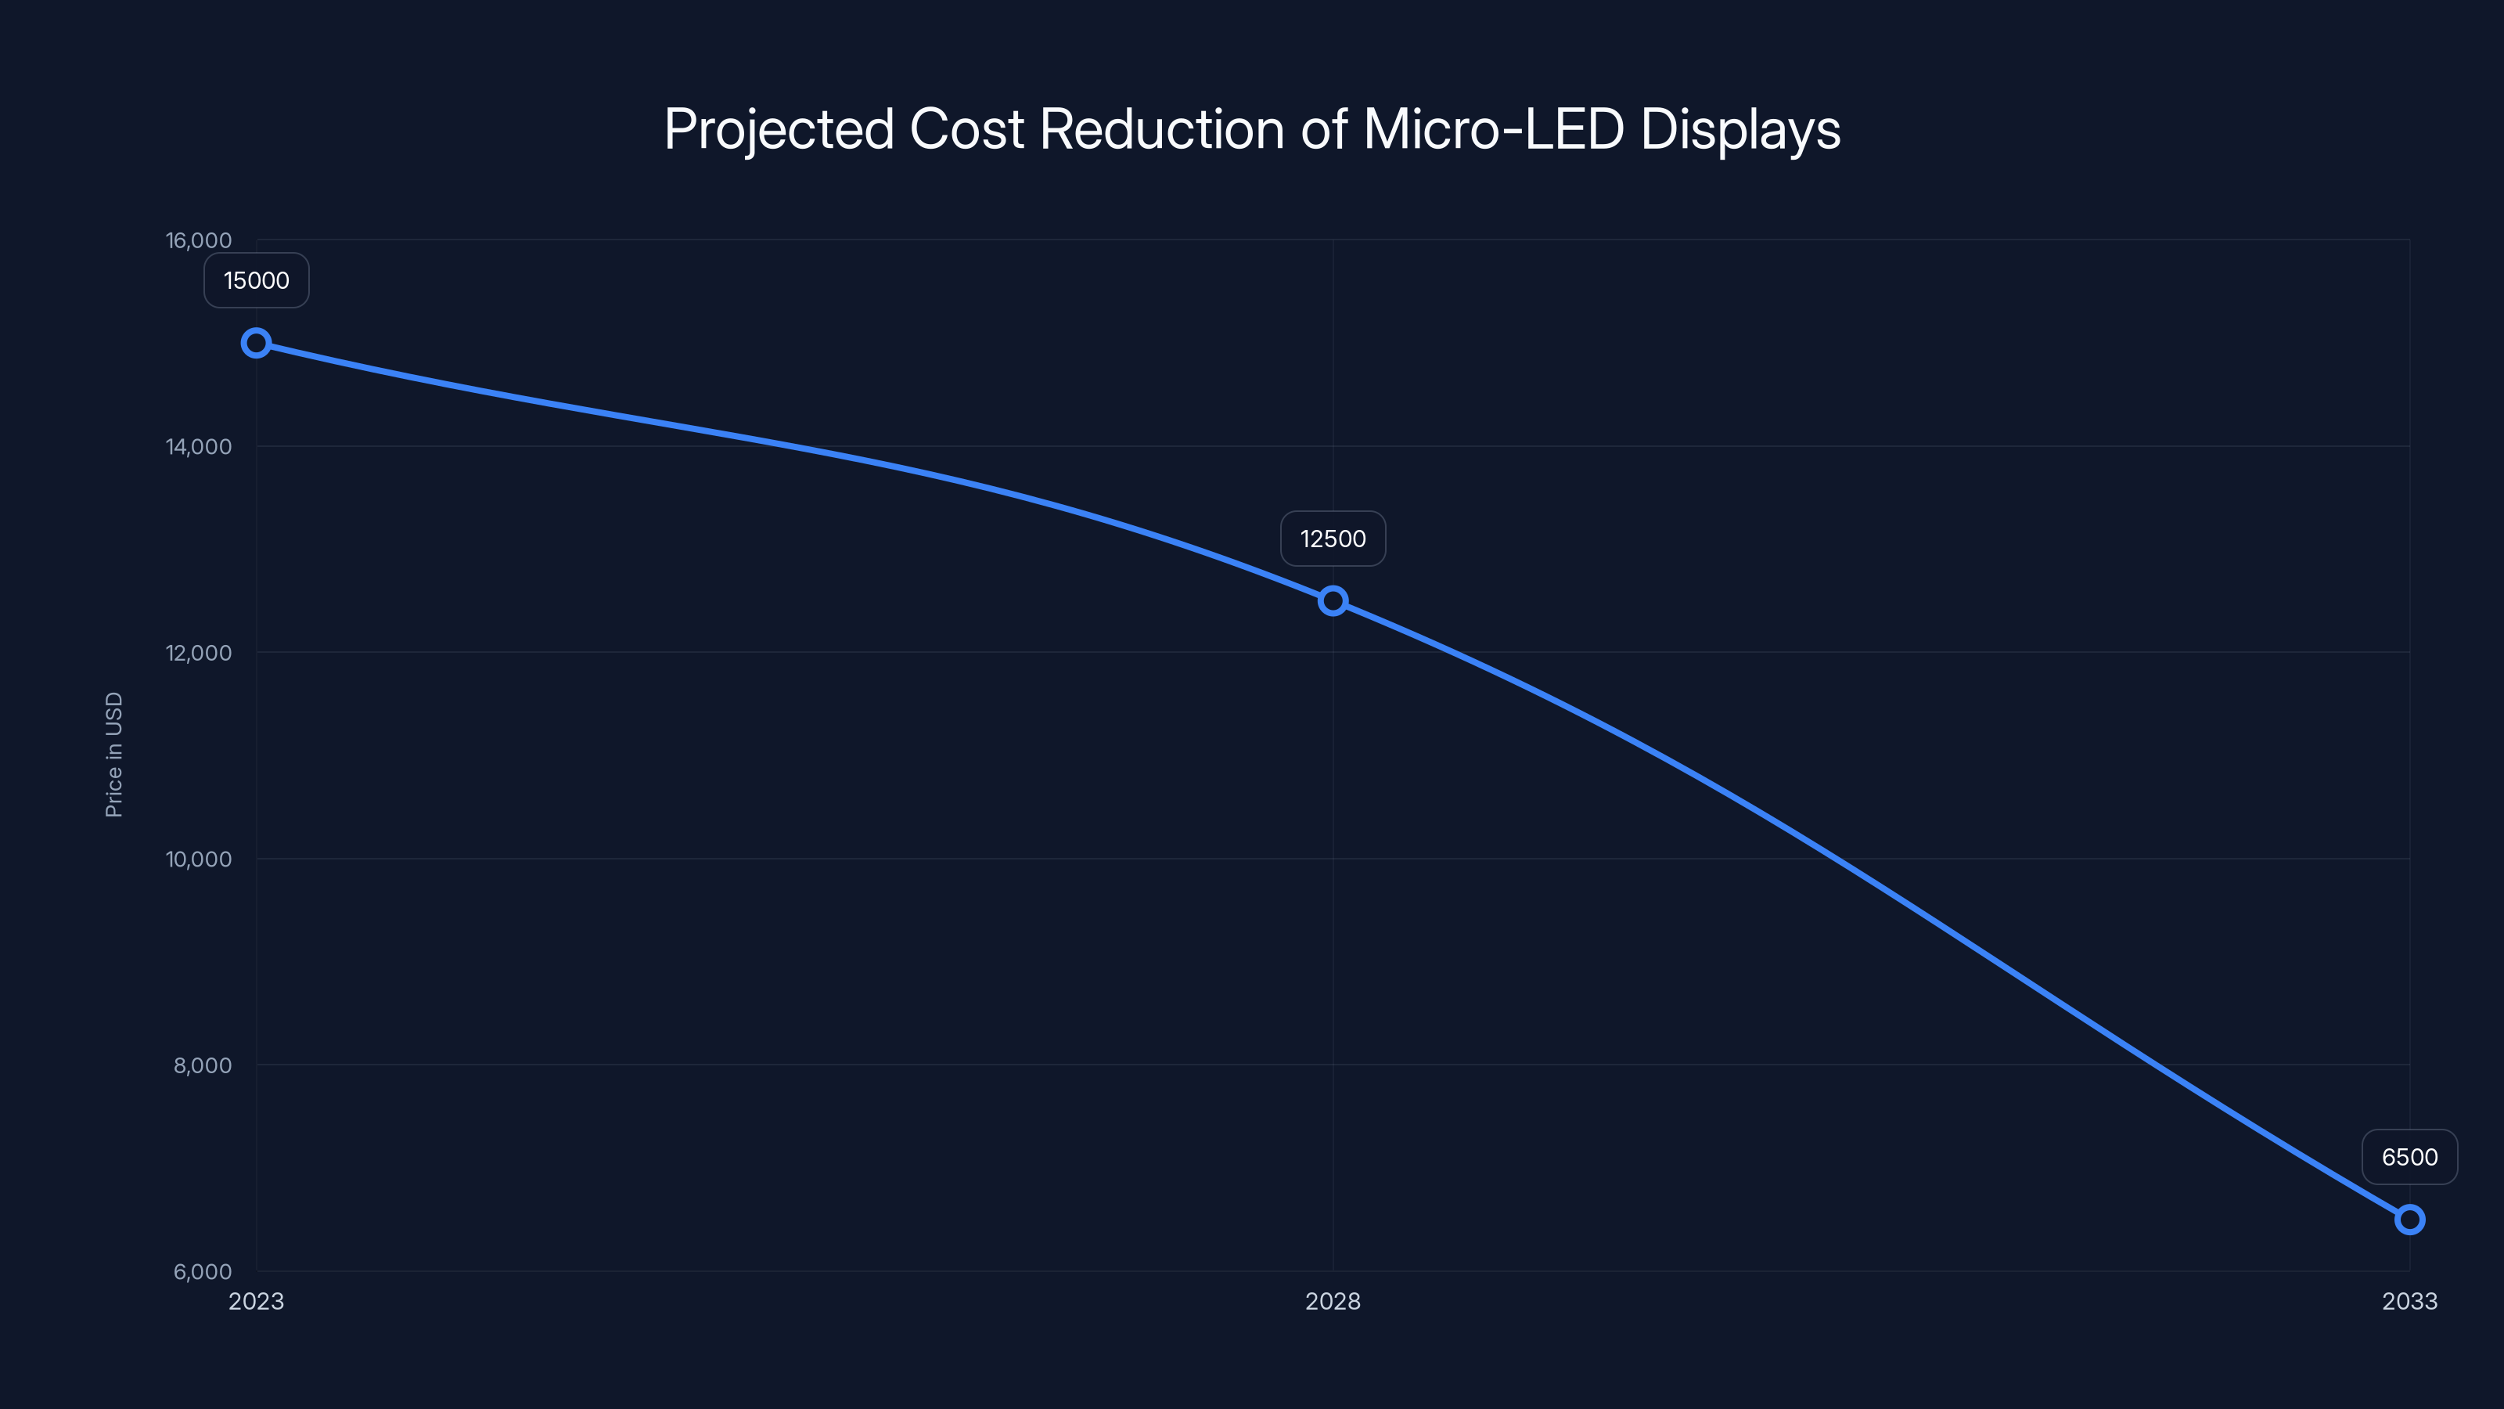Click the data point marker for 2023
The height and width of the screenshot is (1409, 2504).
pos(256,344)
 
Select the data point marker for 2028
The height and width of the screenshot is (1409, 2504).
pos(1333,601)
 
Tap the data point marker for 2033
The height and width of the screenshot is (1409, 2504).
pos(2410,1220)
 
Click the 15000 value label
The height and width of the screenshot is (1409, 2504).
pos(257,281)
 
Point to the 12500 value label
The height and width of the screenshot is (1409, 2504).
pos(1333,539)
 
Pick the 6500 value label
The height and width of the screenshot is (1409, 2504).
pos(2410,1157)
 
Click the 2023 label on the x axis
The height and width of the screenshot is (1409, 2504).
pos(257,1301)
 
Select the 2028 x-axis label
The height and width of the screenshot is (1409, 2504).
pos(1333,1301)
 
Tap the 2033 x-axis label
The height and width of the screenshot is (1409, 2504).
pos(2410,1301)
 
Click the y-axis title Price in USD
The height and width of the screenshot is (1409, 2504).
pos(113,755)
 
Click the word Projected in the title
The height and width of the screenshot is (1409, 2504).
pos(779,129)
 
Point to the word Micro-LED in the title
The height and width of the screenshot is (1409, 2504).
pos(1493,129)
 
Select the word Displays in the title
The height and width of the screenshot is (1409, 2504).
pos(1740,129)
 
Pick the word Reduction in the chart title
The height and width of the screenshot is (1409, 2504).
pos(1161,129)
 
